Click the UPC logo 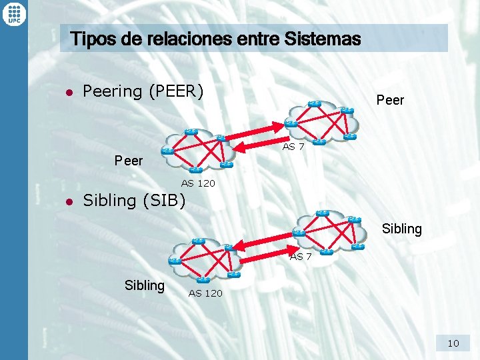pos(13,13)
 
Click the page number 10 pos(453,343)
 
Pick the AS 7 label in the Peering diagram pos(293,146)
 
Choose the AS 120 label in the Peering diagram pos(198,183)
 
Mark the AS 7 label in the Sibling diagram pos(300,256)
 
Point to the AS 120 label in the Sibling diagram pos(205,293)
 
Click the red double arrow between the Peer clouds pos(259,137)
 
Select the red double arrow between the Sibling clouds pos(264,245)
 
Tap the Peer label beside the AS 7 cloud pos(390,100)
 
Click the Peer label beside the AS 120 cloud pos(129,161)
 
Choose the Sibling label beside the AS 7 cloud pos(401,229)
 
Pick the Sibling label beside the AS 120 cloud pos(144,285)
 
